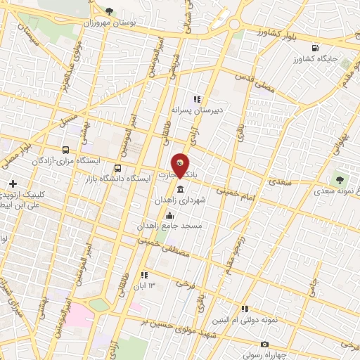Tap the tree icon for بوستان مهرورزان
click(x=108, y=11)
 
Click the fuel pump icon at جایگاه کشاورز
click(x=314, y=49)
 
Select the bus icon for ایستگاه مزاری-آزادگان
click(x=66, y=150)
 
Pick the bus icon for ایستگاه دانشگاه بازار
click(x=117, y=169)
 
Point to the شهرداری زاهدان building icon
click(x=181, y=191)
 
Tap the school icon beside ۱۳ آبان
click(x=144, y=275)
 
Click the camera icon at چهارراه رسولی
click(x=264, y=345)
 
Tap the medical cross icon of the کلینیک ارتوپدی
click(x=13, y=184)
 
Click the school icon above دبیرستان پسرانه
click(x=197, y=99)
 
